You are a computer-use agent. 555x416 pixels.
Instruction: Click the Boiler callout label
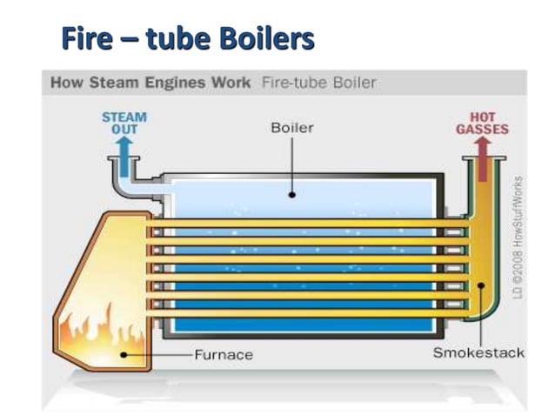(292, 128)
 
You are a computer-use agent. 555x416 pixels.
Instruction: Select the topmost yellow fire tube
(304, 224)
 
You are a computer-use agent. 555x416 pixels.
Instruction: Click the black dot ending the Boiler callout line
(292, 194)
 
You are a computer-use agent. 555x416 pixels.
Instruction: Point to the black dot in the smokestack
(479, 284)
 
